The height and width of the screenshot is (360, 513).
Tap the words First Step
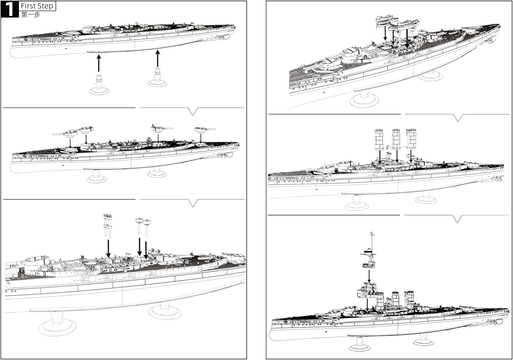point(37,6)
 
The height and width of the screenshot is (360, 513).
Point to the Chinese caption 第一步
point(30,15)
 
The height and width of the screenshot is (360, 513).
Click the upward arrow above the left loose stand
point(98,63)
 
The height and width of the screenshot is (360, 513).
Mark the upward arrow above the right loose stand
point(157,58)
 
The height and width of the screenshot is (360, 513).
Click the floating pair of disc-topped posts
point(143,226)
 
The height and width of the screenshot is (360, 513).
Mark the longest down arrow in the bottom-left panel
point(108,248)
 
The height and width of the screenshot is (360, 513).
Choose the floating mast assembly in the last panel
point(369,252)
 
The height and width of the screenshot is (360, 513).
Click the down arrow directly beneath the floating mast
point(369,276)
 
